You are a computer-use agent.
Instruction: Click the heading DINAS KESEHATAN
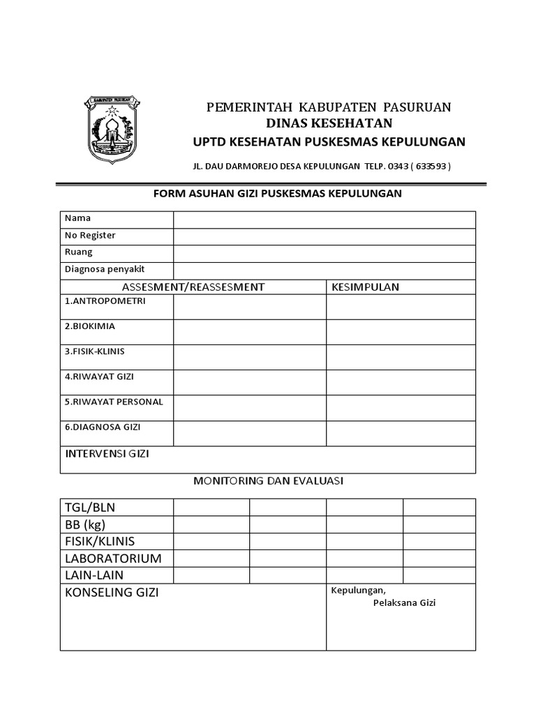[328, 124]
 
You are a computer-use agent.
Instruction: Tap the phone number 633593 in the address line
[431, 167]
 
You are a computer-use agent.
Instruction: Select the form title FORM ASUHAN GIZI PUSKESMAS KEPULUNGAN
[277, 193]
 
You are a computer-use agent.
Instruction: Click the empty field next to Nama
[325, 220]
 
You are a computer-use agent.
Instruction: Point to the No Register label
[90, 236]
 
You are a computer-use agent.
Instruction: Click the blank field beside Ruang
[325, 253]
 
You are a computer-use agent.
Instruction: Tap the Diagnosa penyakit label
[105, 269]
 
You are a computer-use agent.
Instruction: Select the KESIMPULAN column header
[365, 287]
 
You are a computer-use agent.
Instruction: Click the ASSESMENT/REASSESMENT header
[193, 287]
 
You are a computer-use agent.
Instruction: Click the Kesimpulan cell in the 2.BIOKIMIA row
[401, 332]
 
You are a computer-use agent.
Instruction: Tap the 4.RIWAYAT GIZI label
[99, 377]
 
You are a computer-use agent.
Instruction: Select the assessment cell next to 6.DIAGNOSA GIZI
[250, 433]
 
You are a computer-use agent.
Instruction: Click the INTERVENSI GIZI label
[107, 455]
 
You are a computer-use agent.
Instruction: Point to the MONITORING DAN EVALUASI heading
[268, 481]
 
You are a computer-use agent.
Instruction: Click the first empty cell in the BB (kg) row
[211, 524]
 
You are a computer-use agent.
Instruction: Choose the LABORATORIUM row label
[113, 559]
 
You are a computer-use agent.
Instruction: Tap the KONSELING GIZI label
[112, 593]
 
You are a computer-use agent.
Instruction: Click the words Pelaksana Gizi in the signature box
[403, 603]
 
